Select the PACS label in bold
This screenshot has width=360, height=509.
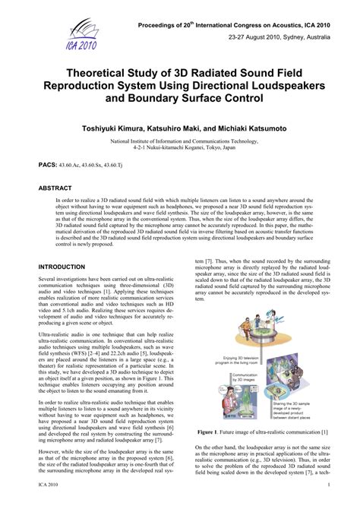(49, 164)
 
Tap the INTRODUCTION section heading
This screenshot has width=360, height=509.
(62, 267)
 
